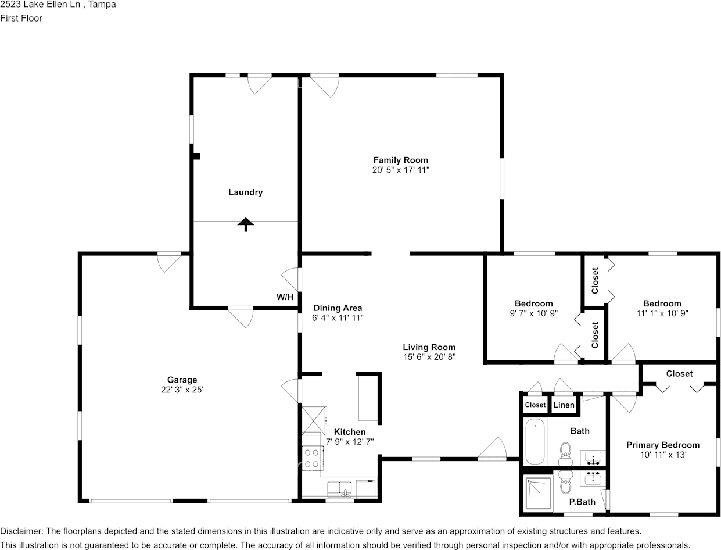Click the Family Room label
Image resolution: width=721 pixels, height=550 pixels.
(401, 160)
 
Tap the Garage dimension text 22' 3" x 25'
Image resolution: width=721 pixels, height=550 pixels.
(182, 390)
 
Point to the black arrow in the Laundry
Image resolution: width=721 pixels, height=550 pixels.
(246, 225)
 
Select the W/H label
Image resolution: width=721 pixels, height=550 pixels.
(285, 297)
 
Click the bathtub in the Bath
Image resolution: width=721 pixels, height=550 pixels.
(535, 442)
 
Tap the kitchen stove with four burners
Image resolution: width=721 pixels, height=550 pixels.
(312, 458)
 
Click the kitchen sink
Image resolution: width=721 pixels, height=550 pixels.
(339, 490)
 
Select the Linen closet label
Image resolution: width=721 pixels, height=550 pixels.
(564, 405)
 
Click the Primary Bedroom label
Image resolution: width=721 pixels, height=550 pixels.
(663, 445)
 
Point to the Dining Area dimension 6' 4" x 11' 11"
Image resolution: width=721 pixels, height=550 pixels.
(338, 317)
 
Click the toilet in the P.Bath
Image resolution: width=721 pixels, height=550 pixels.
(565, 483)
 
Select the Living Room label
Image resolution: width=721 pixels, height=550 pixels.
(429, 347)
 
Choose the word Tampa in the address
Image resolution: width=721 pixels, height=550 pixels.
(102, 5)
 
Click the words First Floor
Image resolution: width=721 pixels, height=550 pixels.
(21, 18)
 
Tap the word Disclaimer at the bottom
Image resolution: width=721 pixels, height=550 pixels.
(21, 531)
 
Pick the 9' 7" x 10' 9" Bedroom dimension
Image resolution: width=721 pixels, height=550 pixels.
(534, 313)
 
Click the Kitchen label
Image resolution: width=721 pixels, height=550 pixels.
(350, 432)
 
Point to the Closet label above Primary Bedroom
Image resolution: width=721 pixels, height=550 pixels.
(679, 374)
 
